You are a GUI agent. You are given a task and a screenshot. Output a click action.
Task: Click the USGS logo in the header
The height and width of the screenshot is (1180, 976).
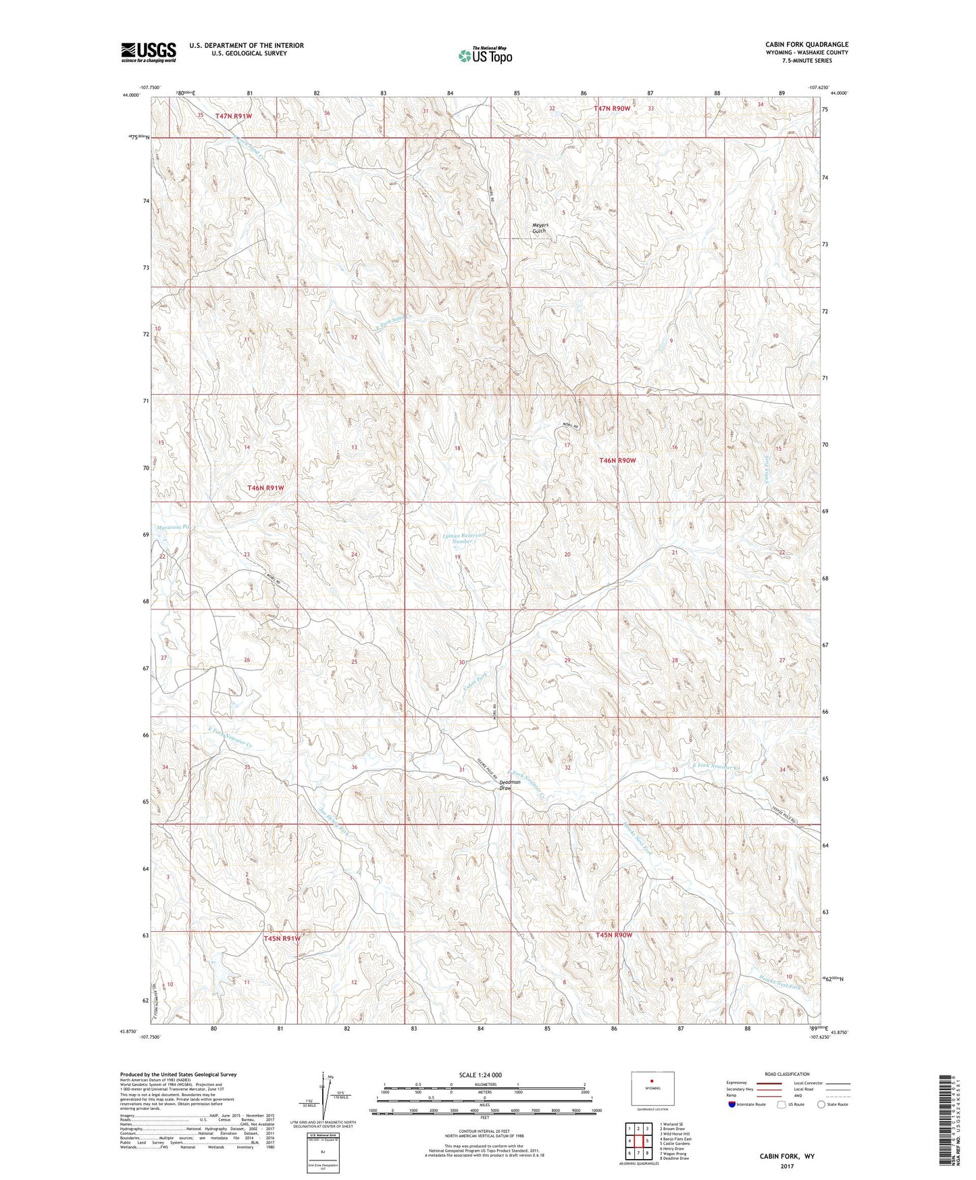tap(149, 52)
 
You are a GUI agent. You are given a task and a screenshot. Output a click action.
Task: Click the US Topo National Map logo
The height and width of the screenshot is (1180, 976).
tap(485, 55)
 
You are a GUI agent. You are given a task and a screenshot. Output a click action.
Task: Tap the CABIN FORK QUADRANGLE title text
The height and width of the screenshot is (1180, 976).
tap(804, 45)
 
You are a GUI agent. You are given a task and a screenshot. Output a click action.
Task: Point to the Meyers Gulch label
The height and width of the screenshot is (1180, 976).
tap(540, 228)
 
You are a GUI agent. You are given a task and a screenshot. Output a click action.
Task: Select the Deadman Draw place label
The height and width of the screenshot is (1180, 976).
tap(510, 785)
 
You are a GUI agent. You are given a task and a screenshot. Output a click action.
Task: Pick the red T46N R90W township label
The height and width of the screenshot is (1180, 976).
tap(617, 460)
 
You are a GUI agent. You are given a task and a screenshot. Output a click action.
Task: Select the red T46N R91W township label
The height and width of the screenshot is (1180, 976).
tap(265, 487)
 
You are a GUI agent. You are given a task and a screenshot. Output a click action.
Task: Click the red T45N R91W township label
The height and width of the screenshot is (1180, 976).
tap(282, 938)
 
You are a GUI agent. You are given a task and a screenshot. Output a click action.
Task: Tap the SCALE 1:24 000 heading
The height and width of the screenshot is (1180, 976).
tap(480, 1075)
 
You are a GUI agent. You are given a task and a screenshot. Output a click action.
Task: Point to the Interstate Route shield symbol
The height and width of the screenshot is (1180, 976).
tap(732, 1104)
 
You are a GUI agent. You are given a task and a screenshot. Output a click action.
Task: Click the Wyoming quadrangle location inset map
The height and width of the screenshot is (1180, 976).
tap(652, 1089)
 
